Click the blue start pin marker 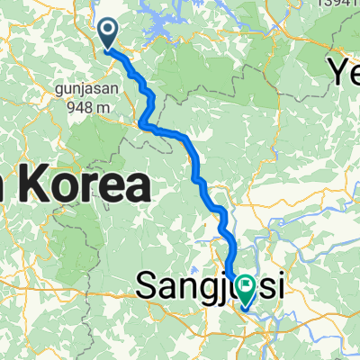coord(107,34)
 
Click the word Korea coord(85,187)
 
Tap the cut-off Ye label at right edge coord(344,70)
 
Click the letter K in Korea coord(34,187)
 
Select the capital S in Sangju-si coord(147,287)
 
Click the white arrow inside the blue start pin coord(107,31)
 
